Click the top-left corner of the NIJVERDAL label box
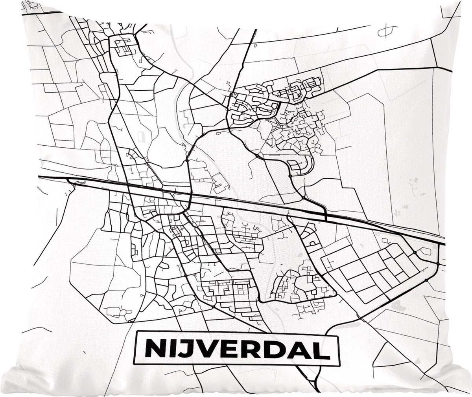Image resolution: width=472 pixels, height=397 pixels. click(134, 332)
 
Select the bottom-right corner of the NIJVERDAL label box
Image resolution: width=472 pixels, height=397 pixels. click(339, 366)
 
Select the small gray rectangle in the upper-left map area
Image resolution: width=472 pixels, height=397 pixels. click(141, 136)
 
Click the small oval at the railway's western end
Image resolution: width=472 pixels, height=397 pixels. click(81, 182)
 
